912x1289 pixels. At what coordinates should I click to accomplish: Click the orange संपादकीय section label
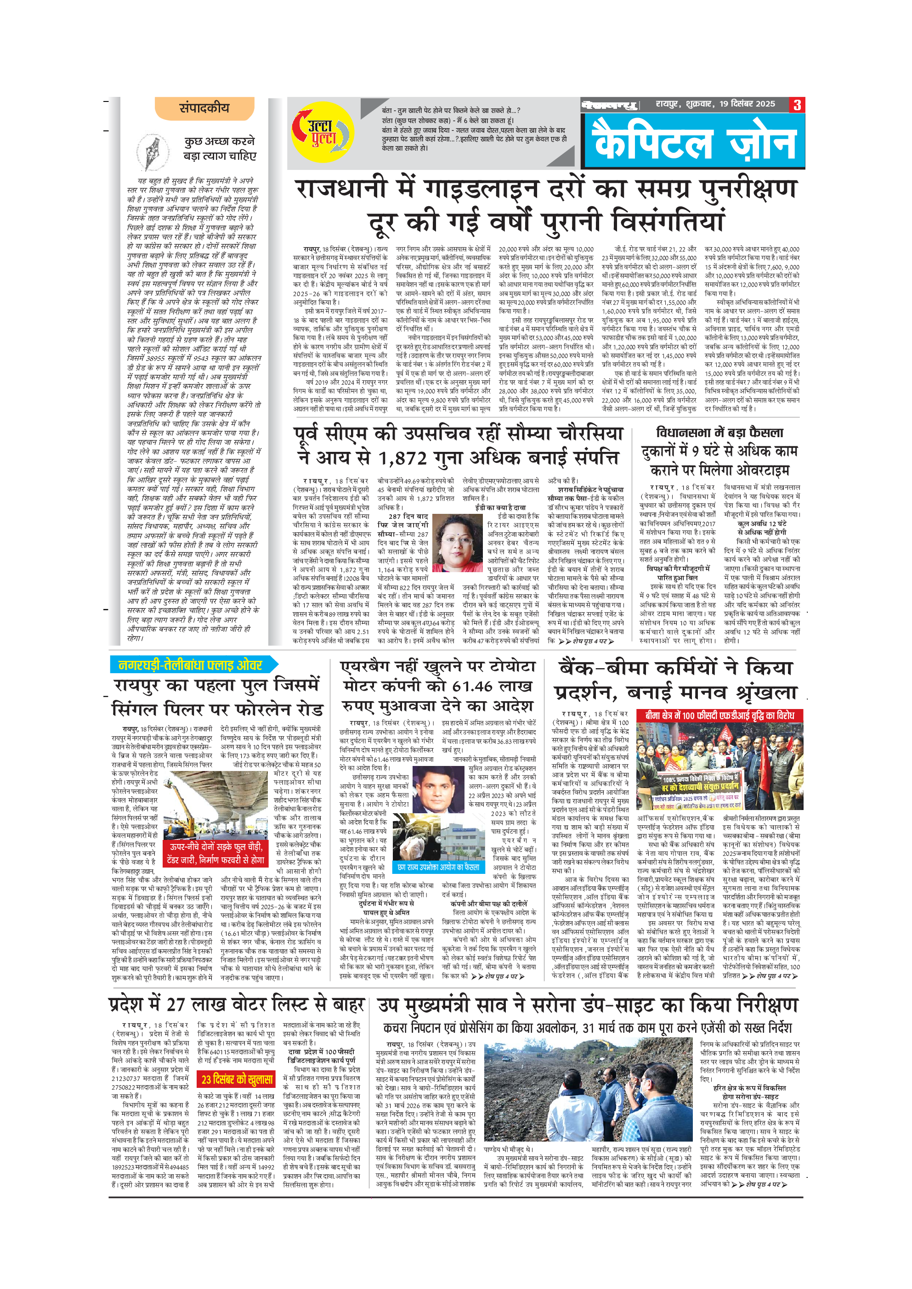tap(204, 108)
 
